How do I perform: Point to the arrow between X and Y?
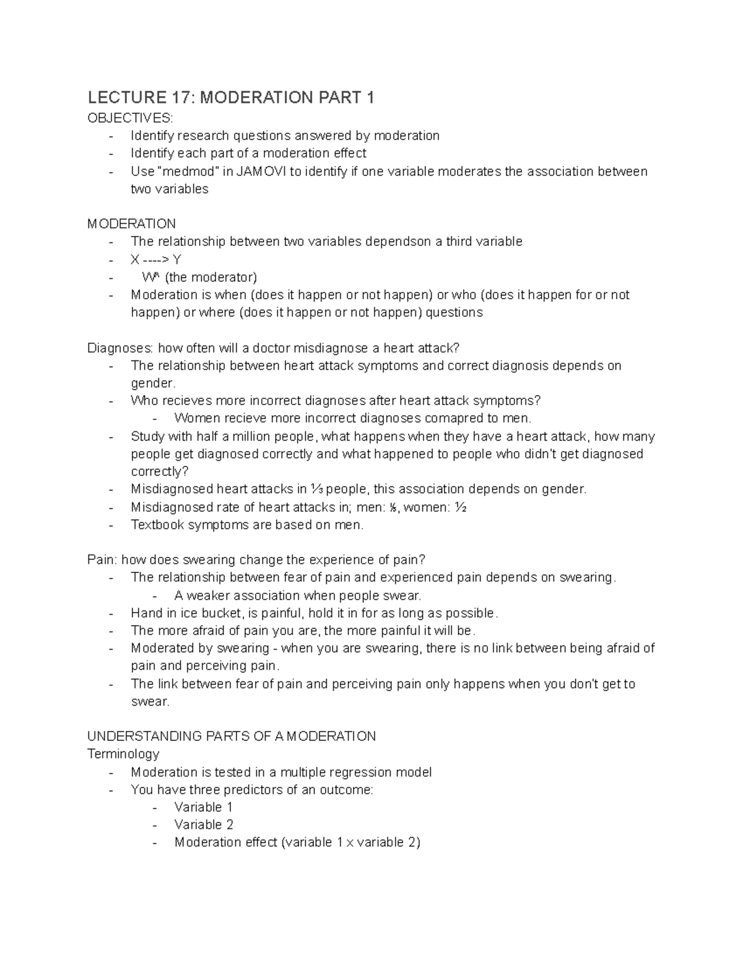[157, 260]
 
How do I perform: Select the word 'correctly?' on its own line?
[159, 471]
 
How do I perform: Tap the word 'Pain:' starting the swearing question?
[102, 560]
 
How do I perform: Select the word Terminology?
[123, 754]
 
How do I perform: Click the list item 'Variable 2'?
[204, 824]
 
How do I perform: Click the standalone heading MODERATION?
[131, 224]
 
